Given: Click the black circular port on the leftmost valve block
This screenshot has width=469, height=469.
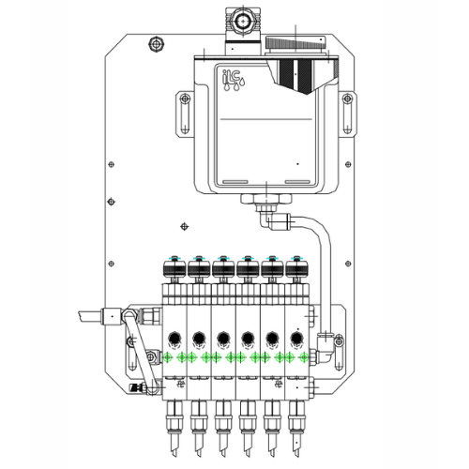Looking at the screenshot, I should [174, 338].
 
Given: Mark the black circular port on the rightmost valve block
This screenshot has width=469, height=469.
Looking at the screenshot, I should [295, 338].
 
